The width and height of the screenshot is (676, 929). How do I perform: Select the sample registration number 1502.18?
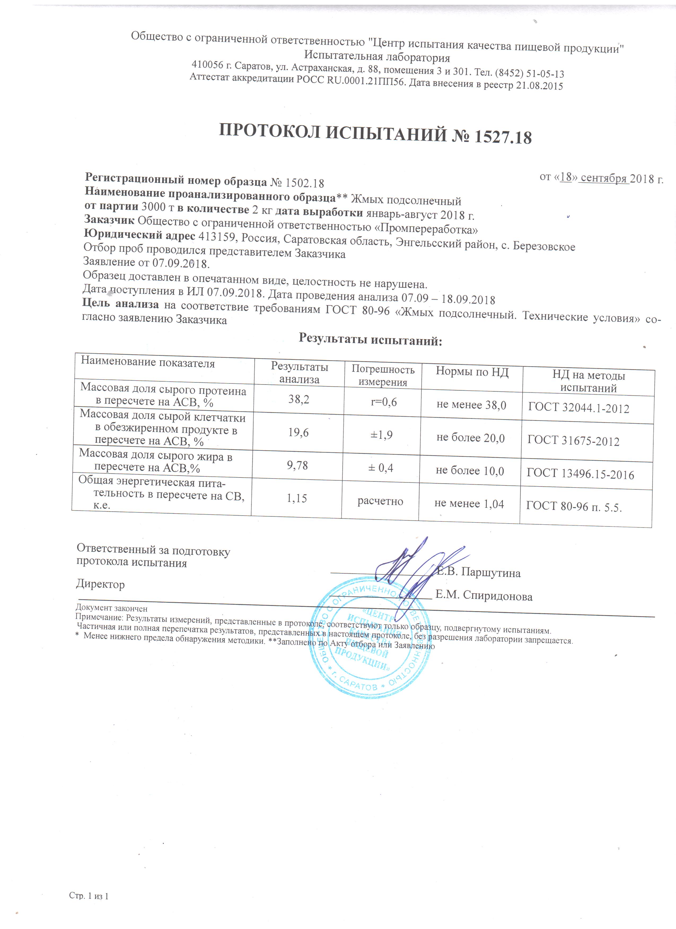[304, 183]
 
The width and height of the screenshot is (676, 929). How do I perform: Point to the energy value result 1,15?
[297, 498]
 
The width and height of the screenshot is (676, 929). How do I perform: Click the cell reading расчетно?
[380, 501]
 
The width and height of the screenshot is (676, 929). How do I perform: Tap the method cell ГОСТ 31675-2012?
[573, 441]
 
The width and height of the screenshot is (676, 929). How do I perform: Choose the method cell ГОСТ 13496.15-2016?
[580, 474]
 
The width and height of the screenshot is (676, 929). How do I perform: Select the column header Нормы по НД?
[472, 372]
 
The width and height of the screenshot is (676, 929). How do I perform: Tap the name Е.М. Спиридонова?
[484, 596]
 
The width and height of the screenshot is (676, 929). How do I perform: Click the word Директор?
[100, 584]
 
